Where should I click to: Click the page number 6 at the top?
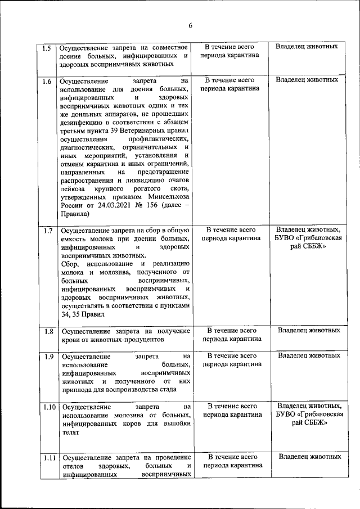tap(190, 26)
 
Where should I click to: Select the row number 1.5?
tap(48, 47)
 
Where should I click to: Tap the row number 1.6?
tap(48, 81)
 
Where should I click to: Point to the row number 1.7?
tap(48, 231)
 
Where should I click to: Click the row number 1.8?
tap(48, 331)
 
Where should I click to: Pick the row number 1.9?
tap(48, 357)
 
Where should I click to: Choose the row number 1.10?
tap(48, 407)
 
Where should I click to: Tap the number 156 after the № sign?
tap(149, 205)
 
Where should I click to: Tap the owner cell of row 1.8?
tap(309, 330)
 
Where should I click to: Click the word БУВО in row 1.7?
tap(288, 238)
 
